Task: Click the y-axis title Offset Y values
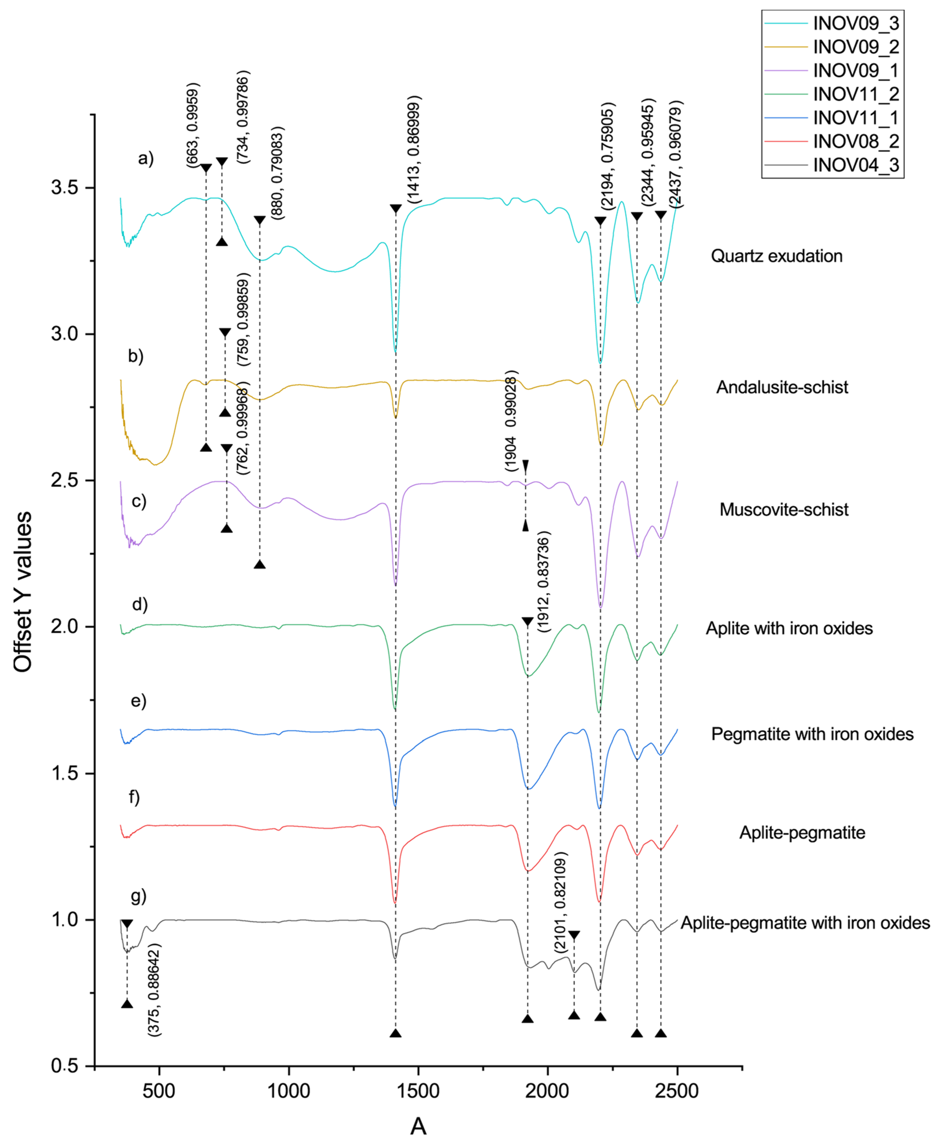23,592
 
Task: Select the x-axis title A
418,1127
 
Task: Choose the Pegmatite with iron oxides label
812,734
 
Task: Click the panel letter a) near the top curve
146,158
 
